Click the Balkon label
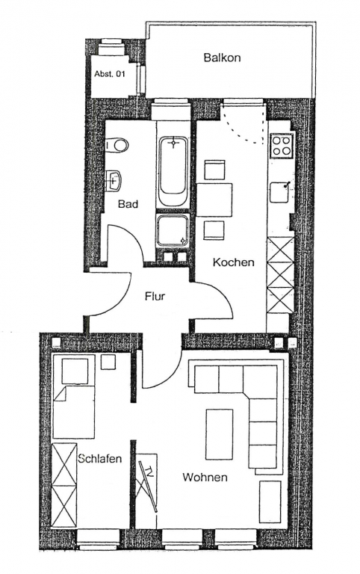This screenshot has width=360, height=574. tap(222, 58)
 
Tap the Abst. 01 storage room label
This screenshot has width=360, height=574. tap(110, 74)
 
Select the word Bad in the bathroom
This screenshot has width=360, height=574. tap(128, 204)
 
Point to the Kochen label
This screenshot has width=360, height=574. tap(234, 262)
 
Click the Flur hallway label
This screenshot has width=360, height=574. tap(155, 296)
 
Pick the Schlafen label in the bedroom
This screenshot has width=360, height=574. tap(100, 458)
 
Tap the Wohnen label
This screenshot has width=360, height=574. tap(205, 478)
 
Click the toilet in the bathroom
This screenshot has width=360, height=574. tap(117, 145)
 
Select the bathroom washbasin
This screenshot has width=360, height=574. tap(114, 180)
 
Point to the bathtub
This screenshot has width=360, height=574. tap(173, 171)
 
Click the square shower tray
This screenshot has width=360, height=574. tap(173, 230)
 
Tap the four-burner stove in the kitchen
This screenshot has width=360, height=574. tap(282, 146)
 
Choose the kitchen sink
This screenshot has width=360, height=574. tap(280, 192)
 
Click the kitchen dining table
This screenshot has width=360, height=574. tap(214, 200)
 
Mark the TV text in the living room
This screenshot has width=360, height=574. tap(149, 470)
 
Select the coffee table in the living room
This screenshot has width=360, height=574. tap(219, 434)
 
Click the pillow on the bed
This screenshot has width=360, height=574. tap(75, 371)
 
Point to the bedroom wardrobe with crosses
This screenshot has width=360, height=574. tap(64, 486)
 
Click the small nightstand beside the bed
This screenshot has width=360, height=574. tap(108, 362)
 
